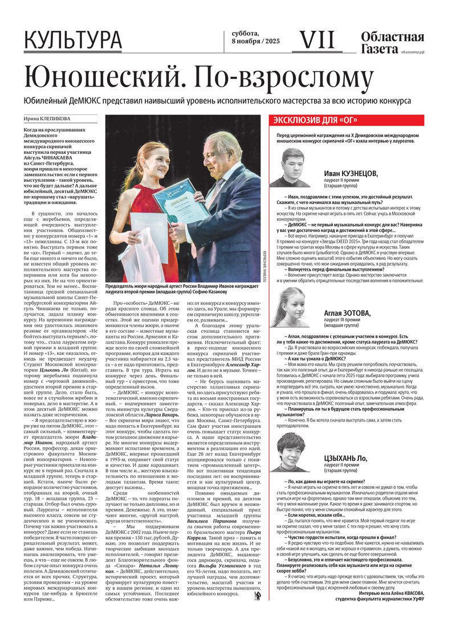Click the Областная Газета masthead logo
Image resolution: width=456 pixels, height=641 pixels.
pyautogui.click(x=392, y=43)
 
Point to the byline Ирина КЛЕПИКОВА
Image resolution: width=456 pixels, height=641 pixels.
pyautogui.click(x=47, y=120)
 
